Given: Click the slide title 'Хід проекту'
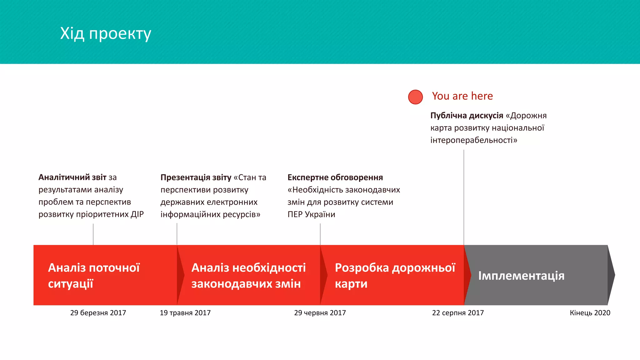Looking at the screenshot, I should pyautogui.click(x=106, y=33).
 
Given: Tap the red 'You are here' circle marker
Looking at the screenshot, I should pyautogui.click(x=415, y=97).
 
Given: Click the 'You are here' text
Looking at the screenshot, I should pyautogui.click(x=462, y=96).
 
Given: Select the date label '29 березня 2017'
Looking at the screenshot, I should pyautogui.click(x=98, y=313).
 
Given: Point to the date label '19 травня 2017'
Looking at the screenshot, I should pyautogui.click(x=185, y=313).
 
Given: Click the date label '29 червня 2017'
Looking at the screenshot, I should pyautogui.click(x=320, y=313).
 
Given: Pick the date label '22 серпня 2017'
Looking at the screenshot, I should pyautogui.click(x=458, y=313).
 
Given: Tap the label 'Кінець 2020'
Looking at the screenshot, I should pyautogui.click(x=590, y=313).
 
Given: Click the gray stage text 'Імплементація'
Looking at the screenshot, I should pyautogui.click(x=521, y=276).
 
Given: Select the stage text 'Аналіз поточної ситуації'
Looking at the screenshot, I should pyautogui.click(x=94, y=276).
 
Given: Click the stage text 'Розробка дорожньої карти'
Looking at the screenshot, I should pyautogui.click(x=395, y=276).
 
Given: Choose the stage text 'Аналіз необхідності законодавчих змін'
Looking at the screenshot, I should pyautogui.click(x=248, y=276).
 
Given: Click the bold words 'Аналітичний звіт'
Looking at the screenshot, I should pyautogui.click(x=72, y=177).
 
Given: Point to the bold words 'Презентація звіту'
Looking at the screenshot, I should pyautogui.click(x=196, y=177).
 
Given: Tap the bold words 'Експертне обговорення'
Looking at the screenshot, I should pyautogui.click(x=335, y=177).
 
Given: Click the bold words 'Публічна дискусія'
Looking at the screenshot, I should pyautogui.click(x=467, y=116).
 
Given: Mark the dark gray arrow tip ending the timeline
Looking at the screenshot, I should pyautogui.click(x=611, y=275).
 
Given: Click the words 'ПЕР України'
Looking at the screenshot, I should pyautogui.click(x=311, y=214).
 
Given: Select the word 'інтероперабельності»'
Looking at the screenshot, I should pyautogui.click(x=474, y=140).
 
